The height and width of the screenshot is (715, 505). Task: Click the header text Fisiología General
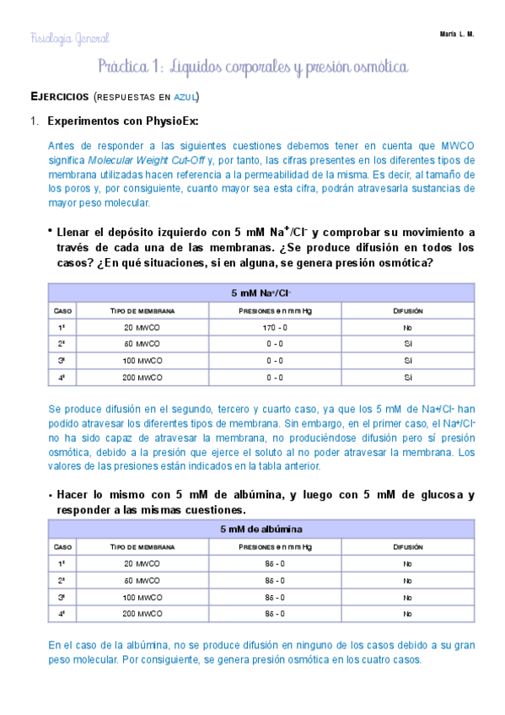point(70,38)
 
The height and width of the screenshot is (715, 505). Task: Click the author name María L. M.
point(457,34)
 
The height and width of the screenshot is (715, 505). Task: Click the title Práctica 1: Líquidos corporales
point(253,66)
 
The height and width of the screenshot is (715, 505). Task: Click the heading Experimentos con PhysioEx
point(123,121)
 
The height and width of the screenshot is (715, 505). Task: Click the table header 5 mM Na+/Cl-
point(261,293)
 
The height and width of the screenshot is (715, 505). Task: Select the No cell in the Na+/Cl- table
point(407,327)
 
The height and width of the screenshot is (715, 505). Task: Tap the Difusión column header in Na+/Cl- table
point(407,310)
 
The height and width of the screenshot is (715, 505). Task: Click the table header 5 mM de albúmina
point(261,530)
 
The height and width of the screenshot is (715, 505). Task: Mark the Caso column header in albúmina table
point(61,546)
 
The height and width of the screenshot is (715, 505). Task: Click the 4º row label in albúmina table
point(61,614)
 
